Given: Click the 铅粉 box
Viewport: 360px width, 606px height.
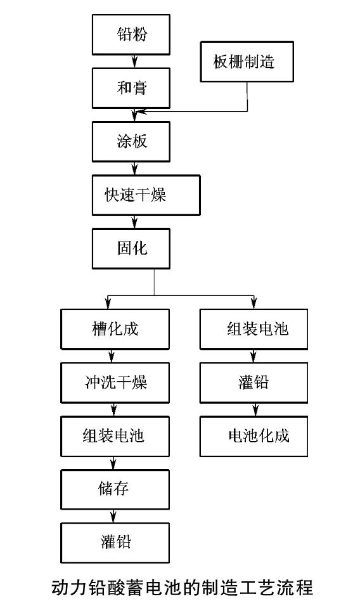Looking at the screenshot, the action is (x=131, y=34).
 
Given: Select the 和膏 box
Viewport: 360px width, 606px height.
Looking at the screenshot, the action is (x=131, y=88).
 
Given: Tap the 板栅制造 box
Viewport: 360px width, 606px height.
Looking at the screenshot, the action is (x=247, y=61).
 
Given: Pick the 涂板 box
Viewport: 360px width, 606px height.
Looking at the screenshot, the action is (x=131, y=141).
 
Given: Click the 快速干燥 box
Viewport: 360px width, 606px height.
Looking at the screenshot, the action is (x=146, y=195).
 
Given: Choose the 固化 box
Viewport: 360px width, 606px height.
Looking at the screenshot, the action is (x=131, y=248).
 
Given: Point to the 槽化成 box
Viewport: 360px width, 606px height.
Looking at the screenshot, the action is (x=115, y=329).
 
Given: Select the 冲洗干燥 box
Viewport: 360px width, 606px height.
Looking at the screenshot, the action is (x=115, y=383).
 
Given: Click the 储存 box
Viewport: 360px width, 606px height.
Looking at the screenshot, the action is (x=115, y=489).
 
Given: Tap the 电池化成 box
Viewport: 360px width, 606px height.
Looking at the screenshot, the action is (x=254, y=436).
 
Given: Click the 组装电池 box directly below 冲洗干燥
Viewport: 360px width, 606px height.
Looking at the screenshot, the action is (x=115, y=436).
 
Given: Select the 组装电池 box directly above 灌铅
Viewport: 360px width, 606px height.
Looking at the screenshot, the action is (x=254, y=329).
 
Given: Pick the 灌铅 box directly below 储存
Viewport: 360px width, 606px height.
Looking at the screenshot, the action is (x=115, y=543).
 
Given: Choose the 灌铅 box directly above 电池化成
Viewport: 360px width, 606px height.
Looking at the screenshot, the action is (x=254, y=383).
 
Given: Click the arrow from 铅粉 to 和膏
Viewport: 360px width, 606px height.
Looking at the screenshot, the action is (x=134, y=61).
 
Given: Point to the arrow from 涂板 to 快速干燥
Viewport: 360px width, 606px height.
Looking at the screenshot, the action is (x=134, y=169).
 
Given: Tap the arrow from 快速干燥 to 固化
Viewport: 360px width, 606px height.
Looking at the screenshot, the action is (x=134, y=222).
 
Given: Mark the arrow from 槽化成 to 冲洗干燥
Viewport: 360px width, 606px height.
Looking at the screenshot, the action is (x=112, y=356).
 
